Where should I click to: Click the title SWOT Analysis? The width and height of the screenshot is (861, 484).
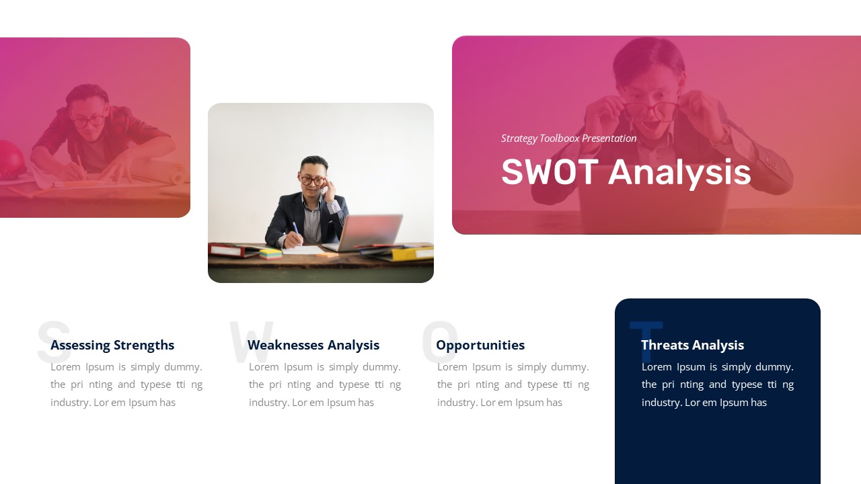pyautogui.click(x=626, y=172)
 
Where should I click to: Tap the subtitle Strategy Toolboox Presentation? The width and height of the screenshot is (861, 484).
pyautogui.click(x=568, y=138)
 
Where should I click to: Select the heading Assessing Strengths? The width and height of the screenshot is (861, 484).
pyautogui.click(x=112, y=345)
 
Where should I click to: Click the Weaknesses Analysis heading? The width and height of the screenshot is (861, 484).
pyautogui.click(x=313, y=345)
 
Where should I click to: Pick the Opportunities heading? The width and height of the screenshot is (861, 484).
pyautogui.click(x=480, y=345)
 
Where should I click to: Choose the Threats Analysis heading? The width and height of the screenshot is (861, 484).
pyautogui.click(x=692, y=345)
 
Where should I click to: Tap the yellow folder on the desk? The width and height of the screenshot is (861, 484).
pyautogui.click(x=412, y=253)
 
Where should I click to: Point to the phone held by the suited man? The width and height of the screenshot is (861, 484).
pyautogui.click(x=324, y=190)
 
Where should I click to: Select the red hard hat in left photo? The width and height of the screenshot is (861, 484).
pyautogui.click(x=10, y=159)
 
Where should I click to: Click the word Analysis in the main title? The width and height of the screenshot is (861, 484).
pyautogui.click(x=679, y=172)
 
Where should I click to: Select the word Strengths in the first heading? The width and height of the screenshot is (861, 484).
pyautogui.click(x=144, y=345)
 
